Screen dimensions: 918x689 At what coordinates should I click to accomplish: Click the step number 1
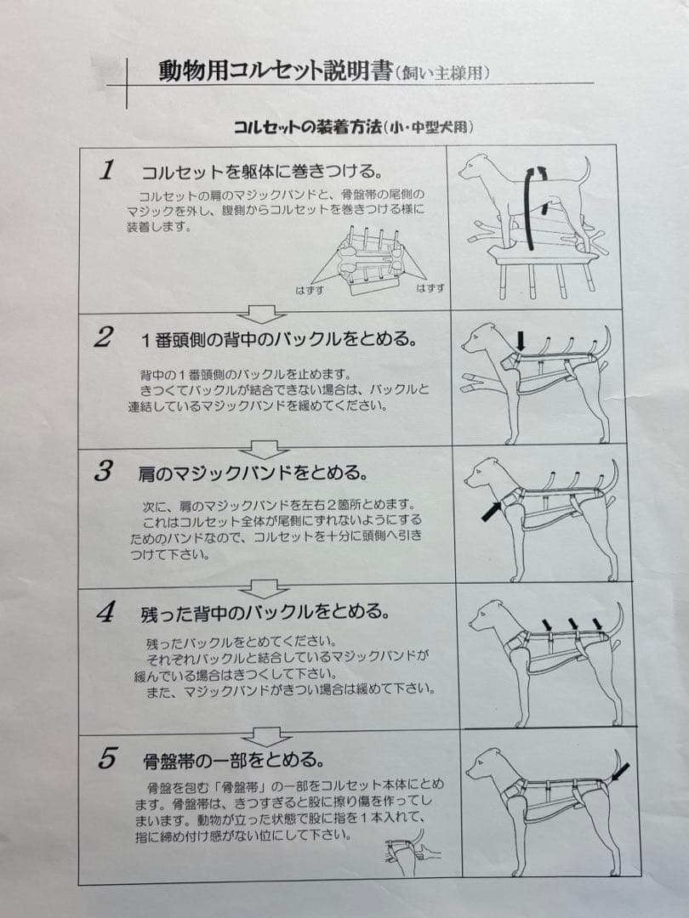tap(107, 169)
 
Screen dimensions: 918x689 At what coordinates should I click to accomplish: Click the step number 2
tap(103, 337)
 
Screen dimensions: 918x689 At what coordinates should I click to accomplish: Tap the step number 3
tap(103, 472)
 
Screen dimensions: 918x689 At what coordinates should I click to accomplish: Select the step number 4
tap(105, 613)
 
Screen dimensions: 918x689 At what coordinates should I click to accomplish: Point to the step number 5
tap(107, 758)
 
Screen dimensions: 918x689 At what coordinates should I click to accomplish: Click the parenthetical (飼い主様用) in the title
tap(442, 74)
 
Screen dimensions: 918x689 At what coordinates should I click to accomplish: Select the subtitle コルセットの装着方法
tap(306, 127)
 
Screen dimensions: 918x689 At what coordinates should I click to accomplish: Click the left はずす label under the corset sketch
tap(310, 289)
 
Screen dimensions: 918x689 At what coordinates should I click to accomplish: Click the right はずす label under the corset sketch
tap(430, 289)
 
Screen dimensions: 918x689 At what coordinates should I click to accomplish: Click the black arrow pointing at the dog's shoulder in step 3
tap(491, 511)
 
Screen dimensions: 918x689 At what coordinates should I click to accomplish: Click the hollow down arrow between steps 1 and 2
tap(262, 313)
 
